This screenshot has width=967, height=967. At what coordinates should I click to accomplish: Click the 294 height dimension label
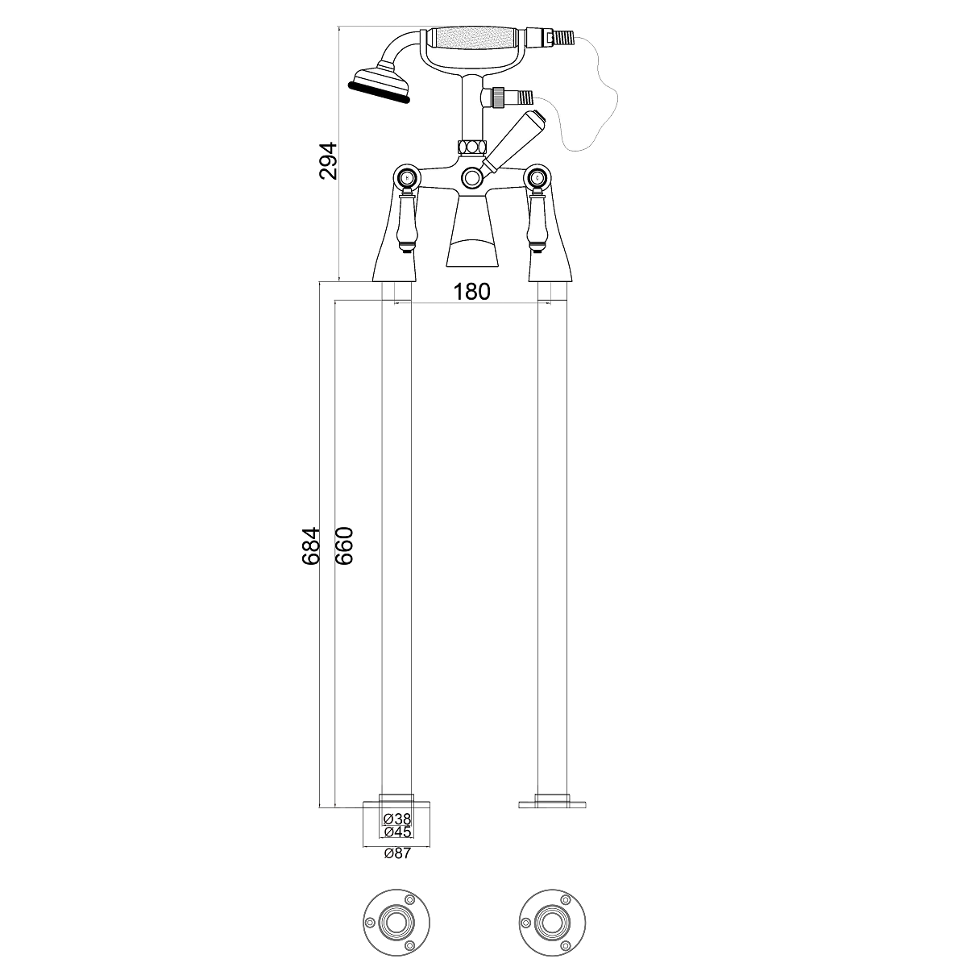point(330,161)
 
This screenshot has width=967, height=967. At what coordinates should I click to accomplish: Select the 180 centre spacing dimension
point(471,292)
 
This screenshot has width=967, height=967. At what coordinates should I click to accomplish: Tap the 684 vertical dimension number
point(310,546)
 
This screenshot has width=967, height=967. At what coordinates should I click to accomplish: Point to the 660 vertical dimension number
point(344,546)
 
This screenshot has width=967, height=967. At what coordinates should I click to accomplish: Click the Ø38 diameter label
point(397,820)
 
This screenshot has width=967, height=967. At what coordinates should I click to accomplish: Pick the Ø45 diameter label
point(397,832)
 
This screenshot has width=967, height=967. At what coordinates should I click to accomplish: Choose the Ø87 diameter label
point(397,853)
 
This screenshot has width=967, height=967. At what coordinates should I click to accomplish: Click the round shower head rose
point(380,87)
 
